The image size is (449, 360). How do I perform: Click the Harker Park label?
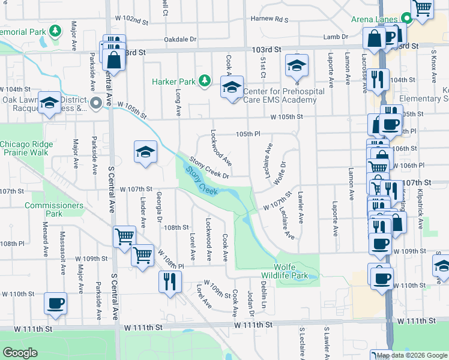click(174, 81)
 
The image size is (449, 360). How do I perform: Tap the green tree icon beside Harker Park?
click(204, 80)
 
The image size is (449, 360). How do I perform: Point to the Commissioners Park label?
click(54, 209)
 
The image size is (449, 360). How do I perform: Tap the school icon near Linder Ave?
click(145, 153)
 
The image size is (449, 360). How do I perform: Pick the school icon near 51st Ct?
click(297, 65)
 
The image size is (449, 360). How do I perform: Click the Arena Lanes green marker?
click(406, 19)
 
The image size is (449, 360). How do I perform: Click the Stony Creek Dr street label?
click(209, 168)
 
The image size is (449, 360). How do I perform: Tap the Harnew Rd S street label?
click(270, 19)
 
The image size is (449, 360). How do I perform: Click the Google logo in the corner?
click(20, 352)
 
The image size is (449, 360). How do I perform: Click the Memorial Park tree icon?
click(55, 30)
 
